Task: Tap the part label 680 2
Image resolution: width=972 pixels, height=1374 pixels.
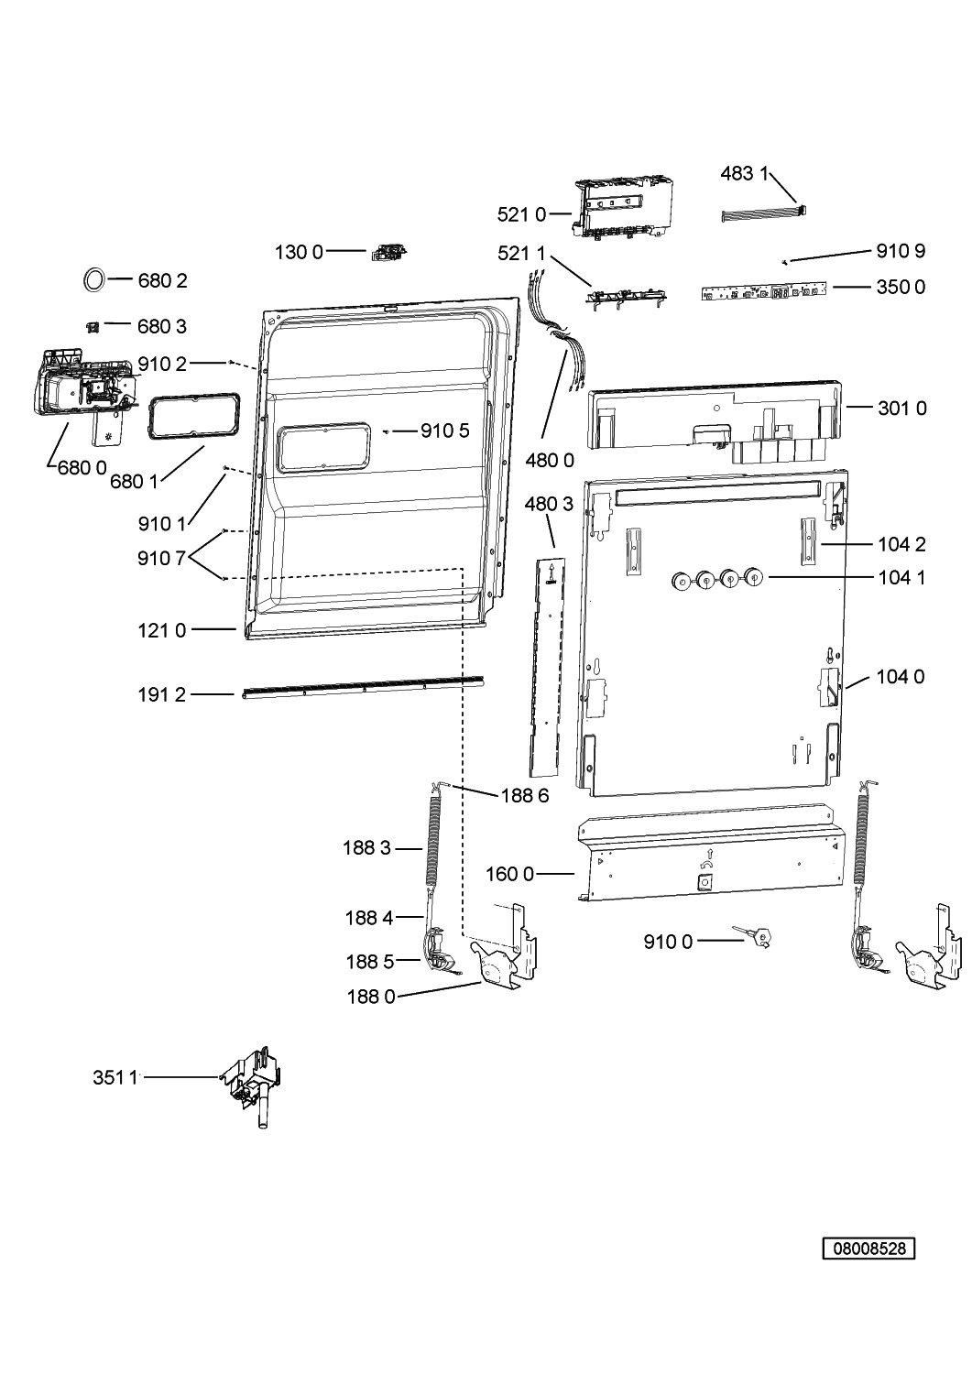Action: coord(162,280)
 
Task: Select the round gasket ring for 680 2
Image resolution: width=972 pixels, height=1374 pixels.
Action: coord(93,279)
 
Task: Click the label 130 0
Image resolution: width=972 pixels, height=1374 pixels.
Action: coord(299,252)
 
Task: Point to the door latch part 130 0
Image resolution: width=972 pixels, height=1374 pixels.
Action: coord(389,252)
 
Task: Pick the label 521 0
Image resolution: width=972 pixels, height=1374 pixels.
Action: coord(521,214)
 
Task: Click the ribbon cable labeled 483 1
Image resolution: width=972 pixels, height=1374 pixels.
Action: coord(763,214)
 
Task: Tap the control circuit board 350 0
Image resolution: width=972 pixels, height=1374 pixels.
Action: coord(763,290)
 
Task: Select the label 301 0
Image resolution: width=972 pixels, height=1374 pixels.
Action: coord(902,408)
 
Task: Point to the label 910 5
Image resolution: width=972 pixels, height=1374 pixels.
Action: coord(445,431)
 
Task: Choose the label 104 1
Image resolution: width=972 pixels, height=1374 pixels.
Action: coord(901,577)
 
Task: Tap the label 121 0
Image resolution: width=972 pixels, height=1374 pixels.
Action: coord(161,630)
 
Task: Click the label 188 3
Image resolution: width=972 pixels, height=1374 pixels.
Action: coord(366,847)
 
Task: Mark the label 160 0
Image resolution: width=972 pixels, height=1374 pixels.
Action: coord(509,874)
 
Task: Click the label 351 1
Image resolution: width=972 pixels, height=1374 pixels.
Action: coord(115,1077)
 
